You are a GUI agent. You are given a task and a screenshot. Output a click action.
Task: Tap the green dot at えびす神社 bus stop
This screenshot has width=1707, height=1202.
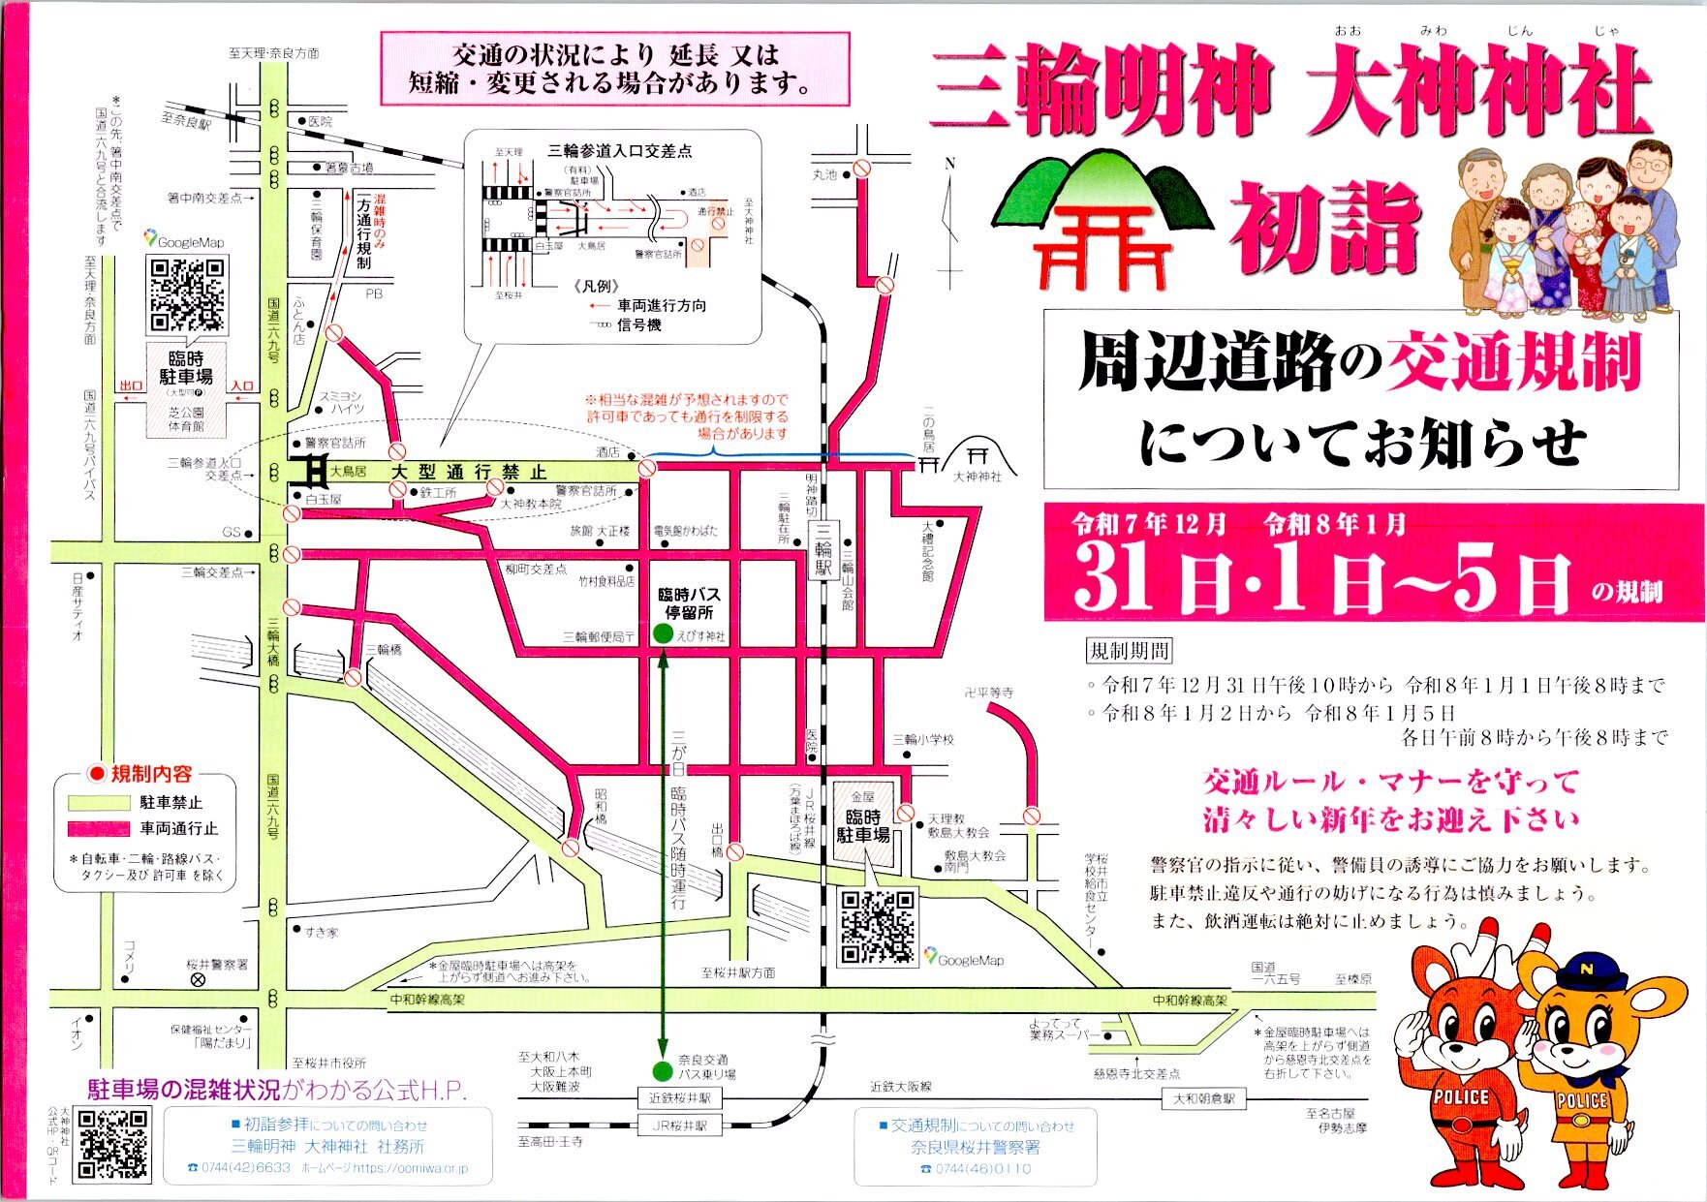(x=663, y=633)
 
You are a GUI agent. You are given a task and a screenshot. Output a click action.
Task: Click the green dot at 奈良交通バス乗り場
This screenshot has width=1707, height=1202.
(x=663, y=1071)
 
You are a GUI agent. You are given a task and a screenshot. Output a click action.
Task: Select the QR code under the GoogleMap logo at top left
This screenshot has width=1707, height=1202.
(x=186, y=294)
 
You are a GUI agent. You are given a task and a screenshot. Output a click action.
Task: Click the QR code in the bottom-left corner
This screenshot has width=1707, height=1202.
(x=112, y=1145)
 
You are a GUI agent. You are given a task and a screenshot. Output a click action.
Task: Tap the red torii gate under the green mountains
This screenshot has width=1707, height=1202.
(x=1102, y=244)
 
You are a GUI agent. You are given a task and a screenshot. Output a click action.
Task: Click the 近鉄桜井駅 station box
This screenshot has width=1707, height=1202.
(x=680, y=1098)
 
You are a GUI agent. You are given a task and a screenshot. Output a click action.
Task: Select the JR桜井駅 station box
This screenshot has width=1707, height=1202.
(x=680, y=1125)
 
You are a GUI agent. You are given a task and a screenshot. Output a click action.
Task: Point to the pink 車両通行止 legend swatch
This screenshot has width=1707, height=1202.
(x=98, y=828)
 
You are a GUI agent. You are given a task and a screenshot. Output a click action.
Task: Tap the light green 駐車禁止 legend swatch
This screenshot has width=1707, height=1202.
(x=98, y=802)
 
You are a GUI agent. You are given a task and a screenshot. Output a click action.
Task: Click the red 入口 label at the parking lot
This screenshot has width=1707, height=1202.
(x=241, y=385)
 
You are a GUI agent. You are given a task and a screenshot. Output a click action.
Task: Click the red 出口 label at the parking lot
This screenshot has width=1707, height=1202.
(x=131, y=385)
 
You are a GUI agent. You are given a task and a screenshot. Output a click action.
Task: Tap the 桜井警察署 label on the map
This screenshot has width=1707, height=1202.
(x=217, y=965)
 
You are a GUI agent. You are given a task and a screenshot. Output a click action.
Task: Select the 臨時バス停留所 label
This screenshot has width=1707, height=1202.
(x=688, y=603)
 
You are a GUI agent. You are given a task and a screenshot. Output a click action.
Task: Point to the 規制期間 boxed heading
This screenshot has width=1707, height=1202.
(x=1130, y=651)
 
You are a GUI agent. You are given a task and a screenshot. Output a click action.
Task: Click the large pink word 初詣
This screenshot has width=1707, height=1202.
(x=1325, y=229)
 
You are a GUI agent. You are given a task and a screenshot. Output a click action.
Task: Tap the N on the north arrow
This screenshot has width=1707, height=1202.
(x=950, y=164)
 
